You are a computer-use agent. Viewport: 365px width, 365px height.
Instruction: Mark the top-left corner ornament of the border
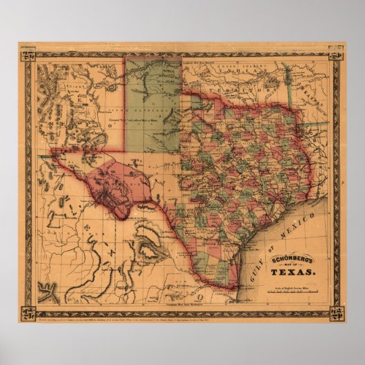pos(27,53)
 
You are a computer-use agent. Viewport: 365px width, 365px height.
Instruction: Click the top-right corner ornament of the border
pos(337,53)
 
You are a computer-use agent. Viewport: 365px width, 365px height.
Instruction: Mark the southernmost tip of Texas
pos(232,289)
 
